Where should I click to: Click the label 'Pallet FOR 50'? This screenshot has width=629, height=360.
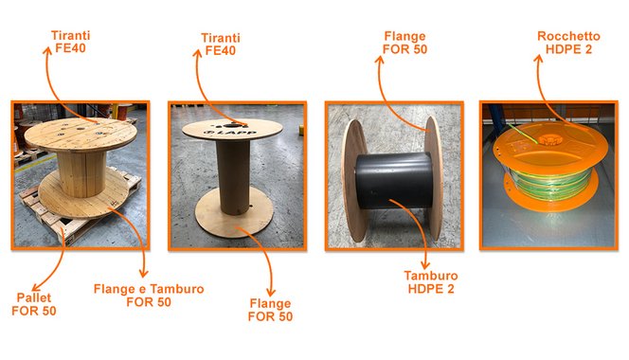(34, 304)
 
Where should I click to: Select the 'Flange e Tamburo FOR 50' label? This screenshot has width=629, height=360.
(149, 296)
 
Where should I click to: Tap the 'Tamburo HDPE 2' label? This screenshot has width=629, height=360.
(431, 282)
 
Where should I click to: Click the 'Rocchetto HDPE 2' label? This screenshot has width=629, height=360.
(568, 43)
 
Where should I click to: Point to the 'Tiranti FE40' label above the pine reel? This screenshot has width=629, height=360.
(71, 42)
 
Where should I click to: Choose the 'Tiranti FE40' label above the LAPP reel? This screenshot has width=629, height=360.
(220, 45)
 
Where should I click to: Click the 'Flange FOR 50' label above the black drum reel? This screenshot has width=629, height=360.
(404, 43)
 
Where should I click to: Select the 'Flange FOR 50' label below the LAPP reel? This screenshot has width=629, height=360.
(270, 310)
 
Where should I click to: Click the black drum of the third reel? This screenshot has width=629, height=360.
(395, 180)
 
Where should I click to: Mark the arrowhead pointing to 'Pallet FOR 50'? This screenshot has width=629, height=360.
(36, 286)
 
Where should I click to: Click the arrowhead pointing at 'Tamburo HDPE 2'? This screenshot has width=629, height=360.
(424, 264)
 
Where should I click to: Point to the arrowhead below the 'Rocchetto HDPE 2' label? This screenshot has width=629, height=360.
(538, 59)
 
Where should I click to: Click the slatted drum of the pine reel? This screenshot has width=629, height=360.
(81, 173)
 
